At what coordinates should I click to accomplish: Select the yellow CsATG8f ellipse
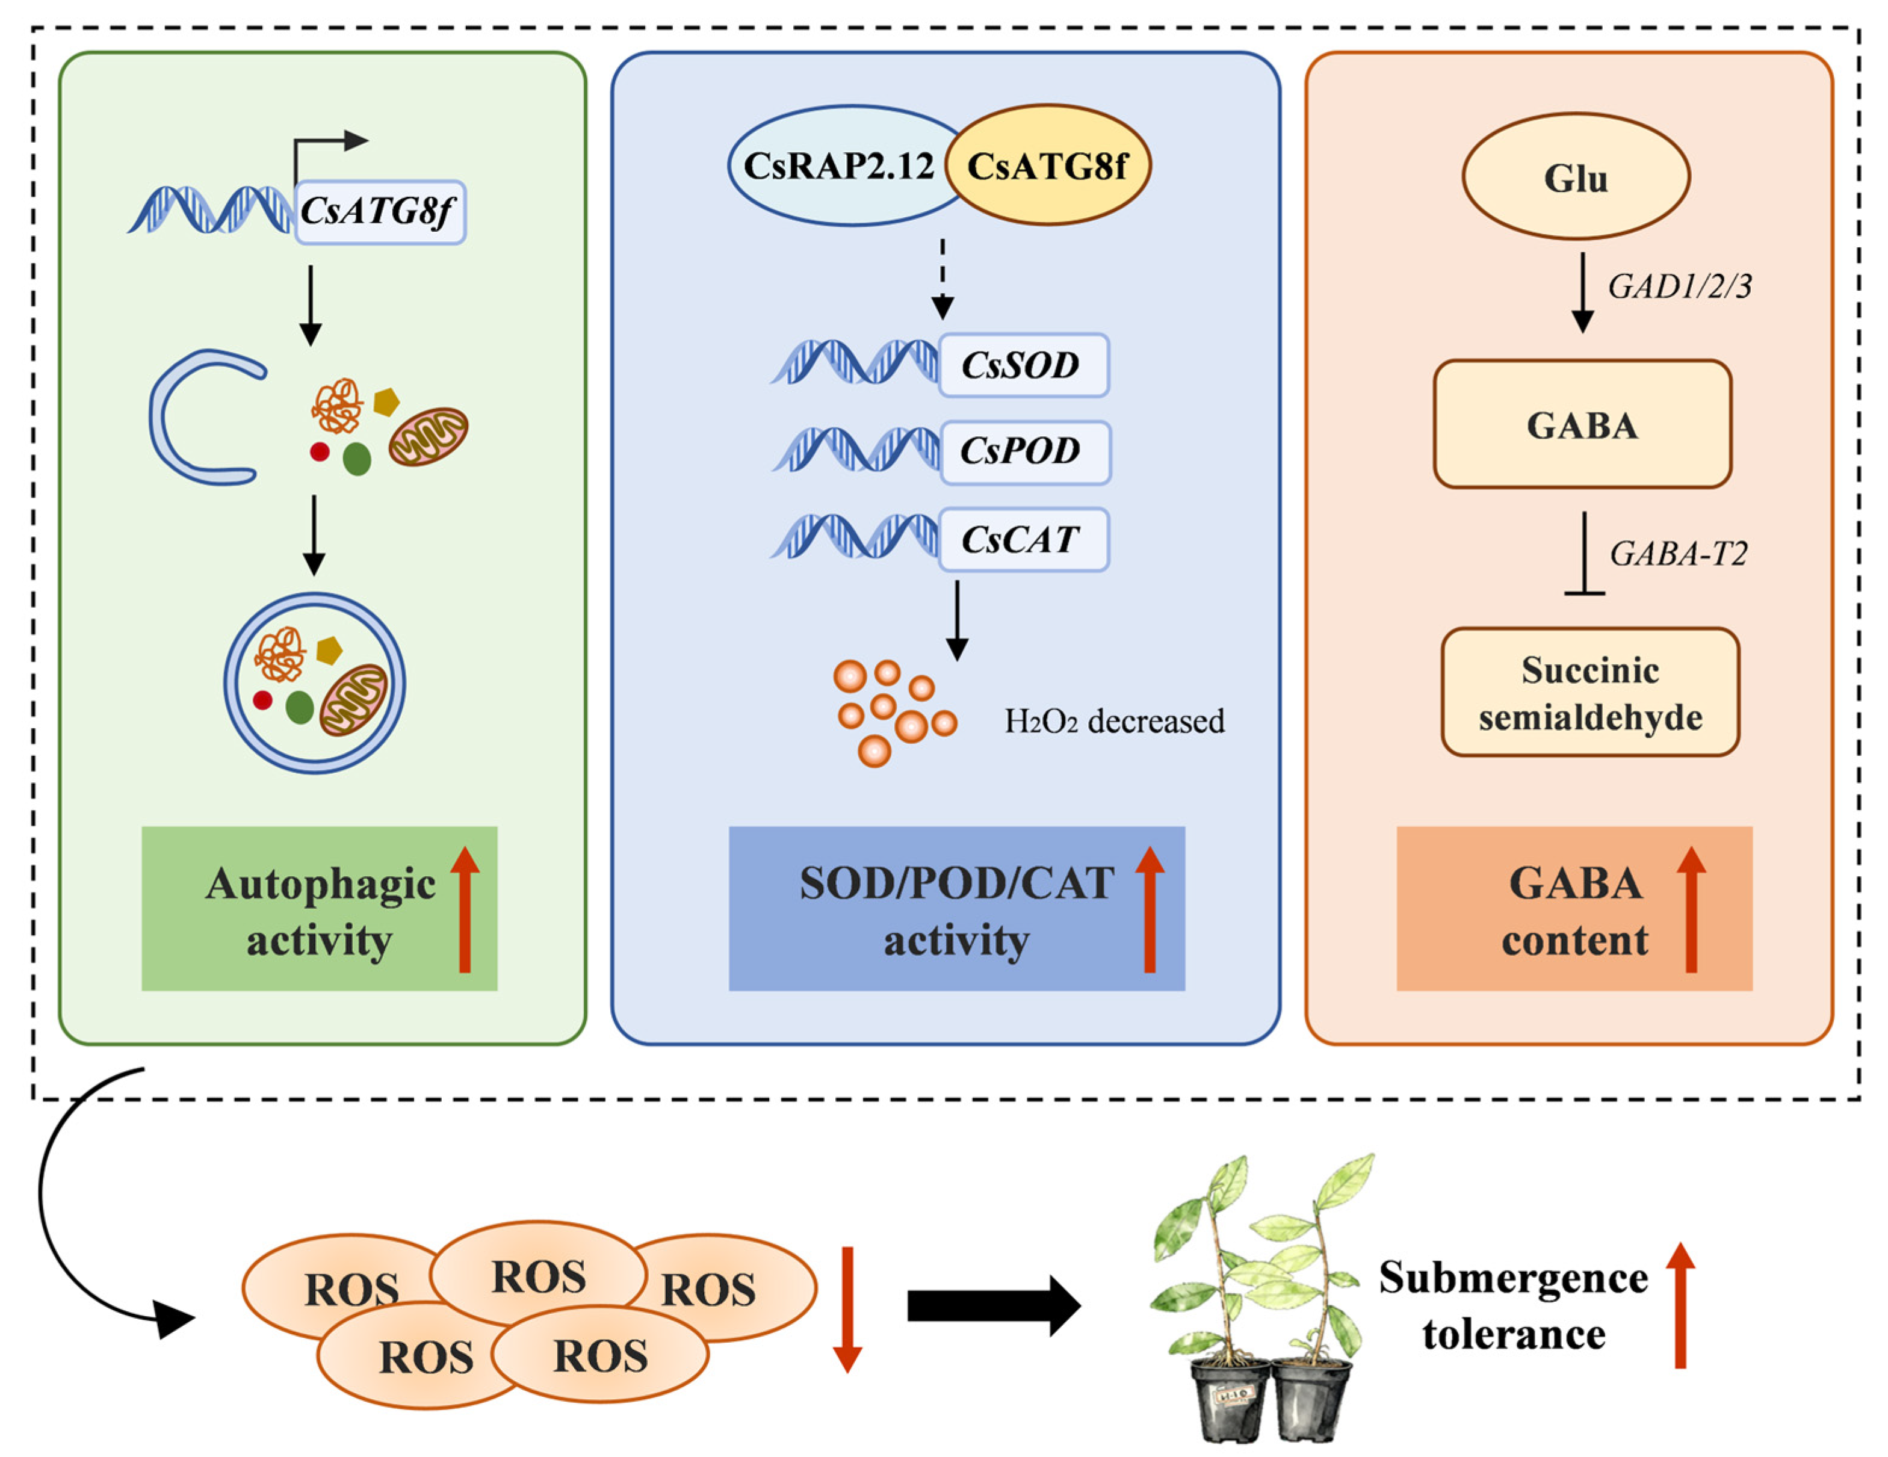pos(1048,165)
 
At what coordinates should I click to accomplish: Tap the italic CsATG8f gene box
pos(380,212)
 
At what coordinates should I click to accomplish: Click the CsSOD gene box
pos(1024,365)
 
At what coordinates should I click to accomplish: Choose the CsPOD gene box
pos(1024,452)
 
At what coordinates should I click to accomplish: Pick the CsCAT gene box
pos(1024,539)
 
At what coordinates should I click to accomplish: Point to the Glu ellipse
pos(1576,176)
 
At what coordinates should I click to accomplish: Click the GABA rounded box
pos(1582,424)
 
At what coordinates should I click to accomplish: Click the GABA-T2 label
pos(1679,553)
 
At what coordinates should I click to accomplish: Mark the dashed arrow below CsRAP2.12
pos(942,279)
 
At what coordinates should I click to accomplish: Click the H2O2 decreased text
pos(1114,722)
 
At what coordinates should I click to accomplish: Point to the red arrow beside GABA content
pos(1691,909)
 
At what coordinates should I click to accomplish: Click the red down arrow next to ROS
pos(847,1310)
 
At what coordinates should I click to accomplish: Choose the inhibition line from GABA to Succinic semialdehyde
pos(1583,553)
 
